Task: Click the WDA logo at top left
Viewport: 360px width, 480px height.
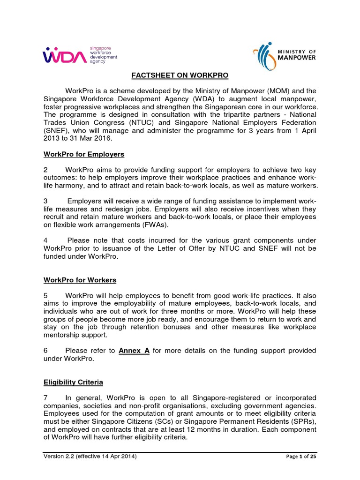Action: pyautogui.click(x=80, y=54)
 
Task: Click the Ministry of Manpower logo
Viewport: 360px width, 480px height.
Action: pyautogui.click(x=284, y=55)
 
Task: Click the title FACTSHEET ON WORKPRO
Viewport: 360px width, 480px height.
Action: pyautogui.click(x=180, y=75)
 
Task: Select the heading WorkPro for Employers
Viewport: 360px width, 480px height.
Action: pyautogui.click(x=84, y=154)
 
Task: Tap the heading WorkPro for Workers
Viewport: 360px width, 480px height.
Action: pyautogui.click(x=80, y=280)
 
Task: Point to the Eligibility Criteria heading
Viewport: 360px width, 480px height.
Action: pyautogui.click(x=73, y=382)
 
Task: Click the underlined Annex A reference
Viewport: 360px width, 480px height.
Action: pyautogui.click(x=134, y=350)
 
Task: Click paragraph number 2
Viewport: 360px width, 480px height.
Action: pyautogui.click(x=45, y=169)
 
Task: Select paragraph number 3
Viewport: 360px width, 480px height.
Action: pyautogui.click(x=45, y=201)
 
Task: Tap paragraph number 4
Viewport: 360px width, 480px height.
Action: pyautogui.click(x=45, y=240)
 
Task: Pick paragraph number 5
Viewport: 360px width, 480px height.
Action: pyautogui.click(x=45, y=296)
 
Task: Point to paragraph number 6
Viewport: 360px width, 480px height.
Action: pyautogui.click(x=45, y=350)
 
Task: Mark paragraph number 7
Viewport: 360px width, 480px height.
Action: pyautogui.click(x=45, y=397)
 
